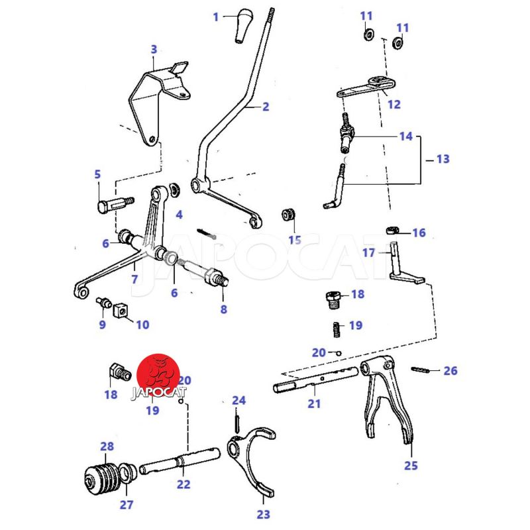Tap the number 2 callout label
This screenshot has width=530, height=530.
[x=266, y=106]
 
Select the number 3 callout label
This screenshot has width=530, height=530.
[x=154, y=49]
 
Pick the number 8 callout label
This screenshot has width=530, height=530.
[x=223, y=309]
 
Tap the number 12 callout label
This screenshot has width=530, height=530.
[x=394, y=104]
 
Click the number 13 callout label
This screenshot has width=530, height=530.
[x=442, y=159]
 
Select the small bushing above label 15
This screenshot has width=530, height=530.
[x=289, y=215]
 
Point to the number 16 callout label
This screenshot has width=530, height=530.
[x=419, y=233]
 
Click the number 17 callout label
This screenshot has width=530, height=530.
[x=369, y=252]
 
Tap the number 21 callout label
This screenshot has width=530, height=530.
[x=313, y=403]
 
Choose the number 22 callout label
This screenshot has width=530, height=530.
[x=184, y=484]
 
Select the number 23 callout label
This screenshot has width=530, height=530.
[x=264, y=513]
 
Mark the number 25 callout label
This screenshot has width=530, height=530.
[x=411, y=465]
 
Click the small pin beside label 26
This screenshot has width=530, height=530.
[x=421, y=370]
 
